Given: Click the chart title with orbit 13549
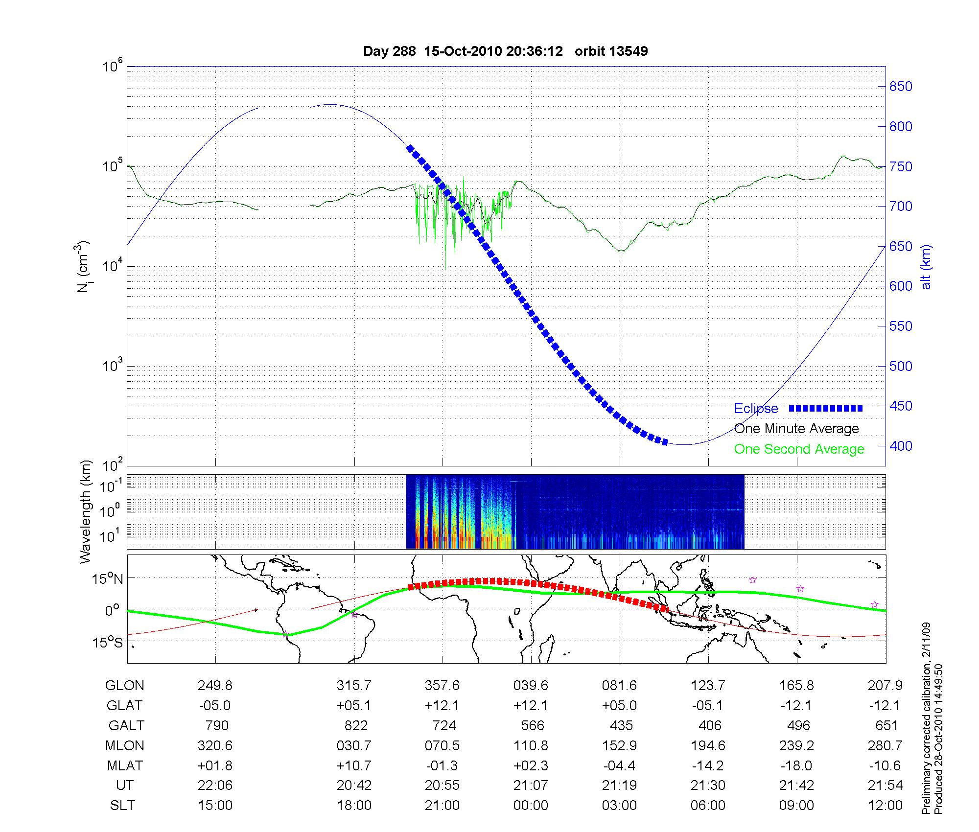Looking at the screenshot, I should [x=505, y=51].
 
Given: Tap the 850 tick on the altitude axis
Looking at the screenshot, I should [x=900, y=87].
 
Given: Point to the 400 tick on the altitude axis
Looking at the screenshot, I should [x=900, y=446].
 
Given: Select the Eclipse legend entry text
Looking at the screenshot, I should [x=756, y=409].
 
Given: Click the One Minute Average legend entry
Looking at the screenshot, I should [x=796, y=429].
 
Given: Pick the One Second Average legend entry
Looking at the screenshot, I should [x=799, y=449].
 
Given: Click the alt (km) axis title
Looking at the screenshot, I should [x=926, y=267].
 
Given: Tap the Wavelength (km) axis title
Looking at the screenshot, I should [x=86, y=511].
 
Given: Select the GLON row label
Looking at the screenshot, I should [x=124, y=685].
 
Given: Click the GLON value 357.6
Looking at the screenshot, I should [x=442, y=685].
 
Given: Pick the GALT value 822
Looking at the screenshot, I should [x=356, y=725].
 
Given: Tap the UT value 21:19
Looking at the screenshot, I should [x=620, y=786].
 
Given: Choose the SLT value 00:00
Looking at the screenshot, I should [x=531, y=806].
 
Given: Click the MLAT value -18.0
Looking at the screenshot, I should [x=797, y=765].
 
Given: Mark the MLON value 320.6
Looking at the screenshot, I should [x=215, y=745].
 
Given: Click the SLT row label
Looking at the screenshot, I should [x=122, y=806].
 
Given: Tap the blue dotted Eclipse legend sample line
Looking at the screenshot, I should [x=825, y=408].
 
